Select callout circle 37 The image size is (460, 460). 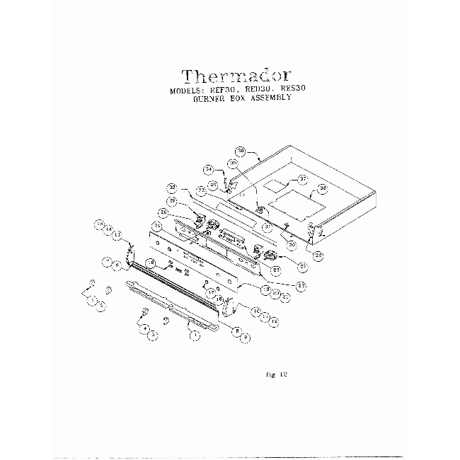pyautogui.click(x=301, y=178)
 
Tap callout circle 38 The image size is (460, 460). pyautogui.click(x=322, y=188)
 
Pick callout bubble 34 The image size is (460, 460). pyautogui.click(x=208, y=169)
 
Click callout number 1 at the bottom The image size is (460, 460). pyautogui.click(x=195, y=337)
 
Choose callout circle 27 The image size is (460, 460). pyautogui.click(x=302, y=267)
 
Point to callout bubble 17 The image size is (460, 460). pyautogui.click(x=210, y=291)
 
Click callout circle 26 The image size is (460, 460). pyautogui.click(x=163, y=212)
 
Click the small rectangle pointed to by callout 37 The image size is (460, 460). pyautogui.click(x=275, y=187)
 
